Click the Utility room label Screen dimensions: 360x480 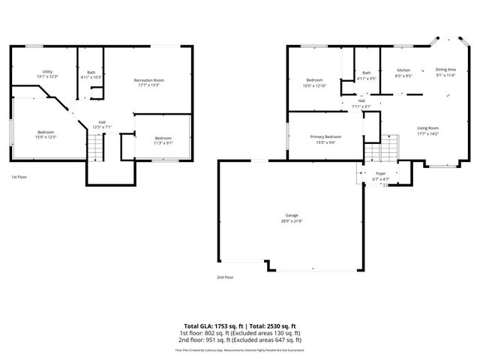coord(46,72)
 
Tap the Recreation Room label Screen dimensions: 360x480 coord(148,79)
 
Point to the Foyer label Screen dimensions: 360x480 coord(380,174)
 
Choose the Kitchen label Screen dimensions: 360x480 coord(403,70)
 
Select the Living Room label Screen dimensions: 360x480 coord(427,128)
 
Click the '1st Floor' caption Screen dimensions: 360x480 coord(19,177)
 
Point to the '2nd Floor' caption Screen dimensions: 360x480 coord(225,277)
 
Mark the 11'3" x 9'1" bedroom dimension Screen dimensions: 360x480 coord(163,143)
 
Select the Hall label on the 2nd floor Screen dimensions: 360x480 coord(361,100)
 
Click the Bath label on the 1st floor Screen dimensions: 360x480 coord(91,72)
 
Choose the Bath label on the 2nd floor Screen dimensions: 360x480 coord(366,72)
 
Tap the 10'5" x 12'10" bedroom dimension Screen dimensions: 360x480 coord(314,85)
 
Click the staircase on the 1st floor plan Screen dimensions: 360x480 coord(95,151)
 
